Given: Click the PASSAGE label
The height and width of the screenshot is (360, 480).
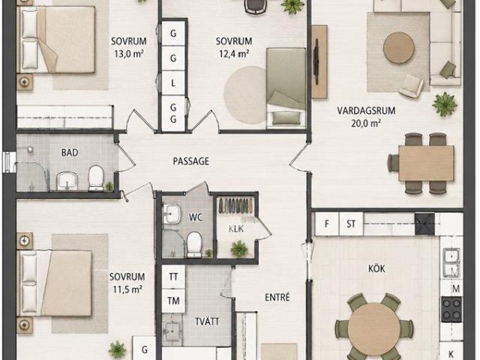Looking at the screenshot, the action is (191, 161).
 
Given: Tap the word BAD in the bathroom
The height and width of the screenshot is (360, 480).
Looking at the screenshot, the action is (70, 152).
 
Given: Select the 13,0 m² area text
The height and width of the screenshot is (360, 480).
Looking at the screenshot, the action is (129, 54).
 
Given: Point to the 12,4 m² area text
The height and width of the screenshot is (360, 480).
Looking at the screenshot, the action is (234, 54).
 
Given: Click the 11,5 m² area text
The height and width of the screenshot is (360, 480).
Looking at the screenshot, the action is (127, 289).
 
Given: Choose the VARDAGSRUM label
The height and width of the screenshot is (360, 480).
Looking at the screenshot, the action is (366, 110).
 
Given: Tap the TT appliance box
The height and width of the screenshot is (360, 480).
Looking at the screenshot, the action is (173, 277).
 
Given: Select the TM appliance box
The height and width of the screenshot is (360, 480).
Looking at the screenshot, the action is (173, 301).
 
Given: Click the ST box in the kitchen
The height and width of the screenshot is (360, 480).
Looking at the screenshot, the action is (351, 224).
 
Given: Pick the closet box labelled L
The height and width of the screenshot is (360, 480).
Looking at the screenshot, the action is (173, 83).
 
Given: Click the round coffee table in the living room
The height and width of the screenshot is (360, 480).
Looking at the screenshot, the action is (399, 48).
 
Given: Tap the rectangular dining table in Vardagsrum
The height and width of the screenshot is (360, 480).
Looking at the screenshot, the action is (426, 163).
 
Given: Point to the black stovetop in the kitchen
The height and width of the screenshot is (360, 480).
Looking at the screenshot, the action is (451, 309).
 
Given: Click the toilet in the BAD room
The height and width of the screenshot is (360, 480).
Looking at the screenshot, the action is (96, 178).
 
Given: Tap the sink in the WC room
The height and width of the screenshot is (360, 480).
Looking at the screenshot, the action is (170, 214).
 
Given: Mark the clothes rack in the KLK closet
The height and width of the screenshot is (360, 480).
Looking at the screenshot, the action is (235, 205).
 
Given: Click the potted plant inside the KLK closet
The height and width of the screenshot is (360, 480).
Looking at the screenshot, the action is (239, 248).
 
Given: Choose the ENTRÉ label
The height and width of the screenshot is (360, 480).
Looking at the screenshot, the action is (277, 297).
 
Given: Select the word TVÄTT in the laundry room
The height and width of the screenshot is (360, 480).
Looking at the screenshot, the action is (207, 322).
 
